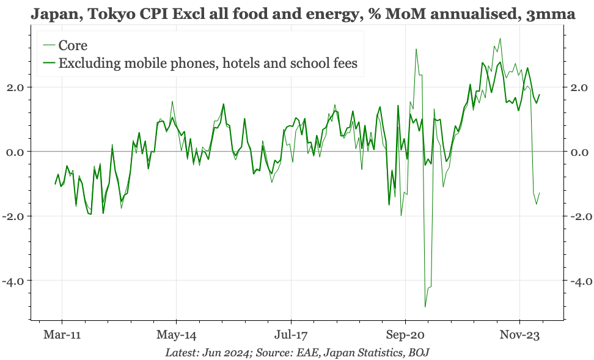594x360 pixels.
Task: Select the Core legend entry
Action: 73,45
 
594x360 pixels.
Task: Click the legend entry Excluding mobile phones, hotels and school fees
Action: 207,63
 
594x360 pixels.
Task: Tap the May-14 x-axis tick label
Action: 176,335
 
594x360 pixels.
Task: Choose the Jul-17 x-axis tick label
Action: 291,335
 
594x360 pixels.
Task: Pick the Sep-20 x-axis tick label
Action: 405,335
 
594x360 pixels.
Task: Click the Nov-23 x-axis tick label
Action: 519,335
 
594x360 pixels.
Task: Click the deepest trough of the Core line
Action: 425,307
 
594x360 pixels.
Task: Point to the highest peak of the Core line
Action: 501,39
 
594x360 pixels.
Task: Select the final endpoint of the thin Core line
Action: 540,193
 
